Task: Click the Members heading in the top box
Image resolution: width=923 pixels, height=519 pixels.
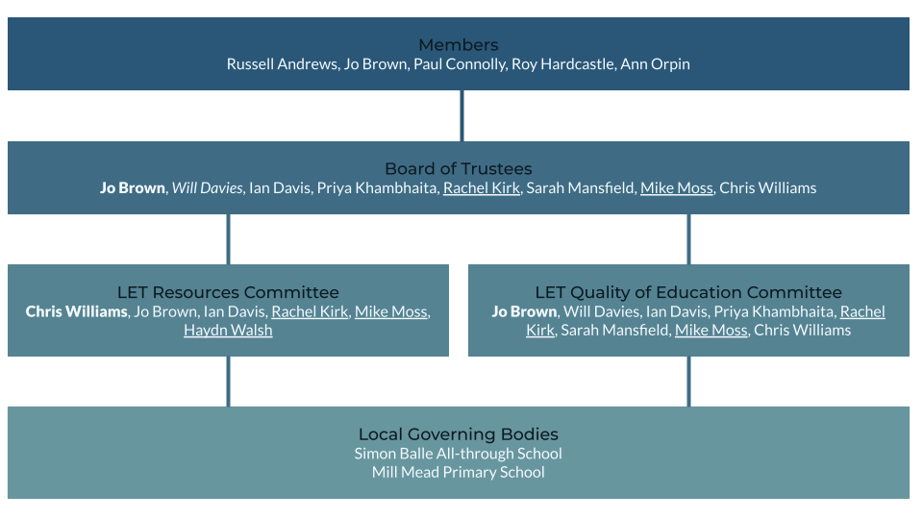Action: coord(459,45)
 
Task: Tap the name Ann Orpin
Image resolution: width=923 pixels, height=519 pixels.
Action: coord(656,64)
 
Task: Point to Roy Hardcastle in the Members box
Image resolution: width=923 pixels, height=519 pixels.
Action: coord(564,64)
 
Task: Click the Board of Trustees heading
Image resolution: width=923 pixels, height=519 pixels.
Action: coord(459,169)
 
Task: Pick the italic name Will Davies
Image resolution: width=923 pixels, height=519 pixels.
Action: coord(208,188)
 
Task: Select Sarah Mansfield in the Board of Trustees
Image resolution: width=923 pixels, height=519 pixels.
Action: coord(581,188)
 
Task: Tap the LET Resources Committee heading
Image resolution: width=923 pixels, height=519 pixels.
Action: coord(228,292)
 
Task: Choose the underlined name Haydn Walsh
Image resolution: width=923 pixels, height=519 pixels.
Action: coord(228,331)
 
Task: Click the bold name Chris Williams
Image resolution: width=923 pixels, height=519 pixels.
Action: coord(76,311)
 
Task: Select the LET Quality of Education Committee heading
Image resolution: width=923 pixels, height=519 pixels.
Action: coord(688,292)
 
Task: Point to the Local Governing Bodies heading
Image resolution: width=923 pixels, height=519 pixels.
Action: coord(459,434)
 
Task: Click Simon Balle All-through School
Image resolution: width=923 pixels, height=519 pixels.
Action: coord(459,454)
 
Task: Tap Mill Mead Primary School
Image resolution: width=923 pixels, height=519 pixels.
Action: coord(459,473)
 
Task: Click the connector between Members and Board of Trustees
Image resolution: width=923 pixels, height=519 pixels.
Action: coord(461,115)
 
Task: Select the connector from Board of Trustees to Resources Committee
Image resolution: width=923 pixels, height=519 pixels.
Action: coord(228,238)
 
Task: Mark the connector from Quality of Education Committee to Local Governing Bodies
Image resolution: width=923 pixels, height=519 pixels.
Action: coord(688,381)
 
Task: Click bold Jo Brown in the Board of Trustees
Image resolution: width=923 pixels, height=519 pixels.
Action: coord(133,188)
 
